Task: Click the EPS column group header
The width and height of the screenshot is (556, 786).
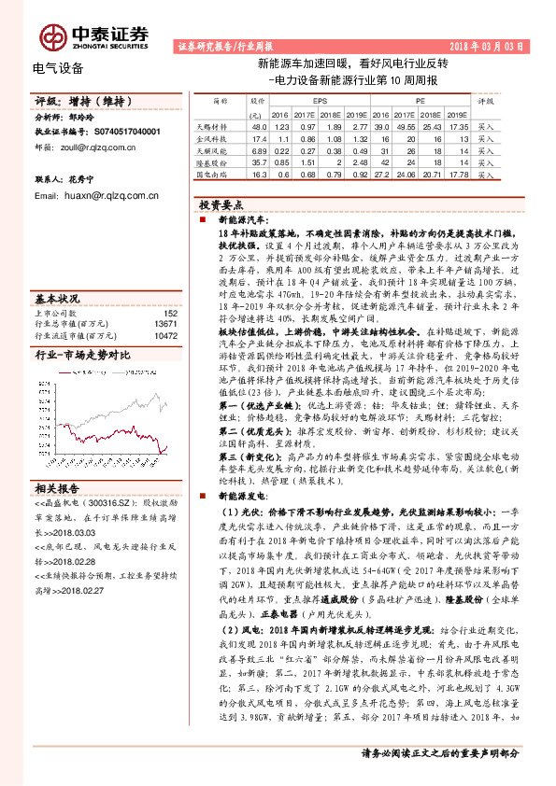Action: click(x=321, y=99)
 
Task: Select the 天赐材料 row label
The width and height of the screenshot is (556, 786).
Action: click(x=212, y=125)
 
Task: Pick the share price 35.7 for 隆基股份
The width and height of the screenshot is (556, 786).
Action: click(x=259, y=161)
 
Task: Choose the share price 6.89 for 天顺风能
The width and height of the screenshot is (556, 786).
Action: click(x=259, y=149)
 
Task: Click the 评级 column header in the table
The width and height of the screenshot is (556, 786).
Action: click(x=485, y=99)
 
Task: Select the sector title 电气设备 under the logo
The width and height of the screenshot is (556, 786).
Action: click(x=58, y=68)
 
